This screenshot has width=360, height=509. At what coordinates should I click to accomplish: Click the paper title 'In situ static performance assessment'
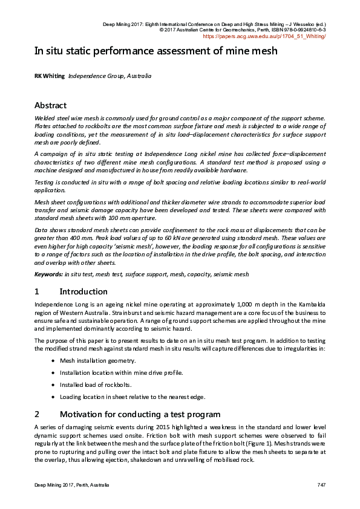(155, 51)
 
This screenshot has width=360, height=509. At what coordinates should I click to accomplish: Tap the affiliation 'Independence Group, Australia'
(110, 77)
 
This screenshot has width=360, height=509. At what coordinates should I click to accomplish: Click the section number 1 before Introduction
(37, 291)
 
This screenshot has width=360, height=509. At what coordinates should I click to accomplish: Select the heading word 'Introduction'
(83, 291)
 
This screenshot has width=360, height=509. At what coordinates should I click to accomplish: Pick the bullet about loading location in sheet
(132, 397)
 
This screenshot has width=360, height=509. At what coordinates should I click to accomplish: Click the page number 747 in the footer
(321, 486)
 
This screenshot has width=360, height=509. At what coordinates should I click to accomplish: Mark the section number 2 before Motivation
(37, 414)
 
